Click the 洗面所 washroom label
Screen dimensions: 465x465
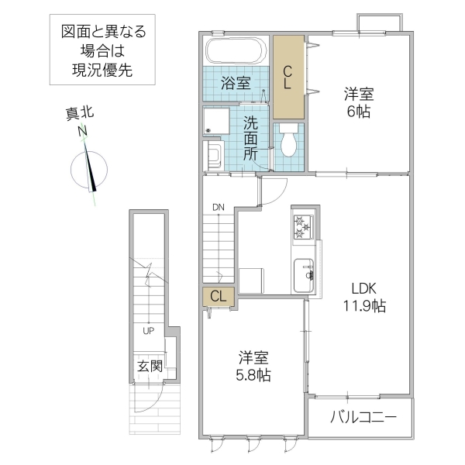coord(251,137)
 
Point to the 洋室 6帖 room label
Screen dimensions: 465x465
coord(359,102)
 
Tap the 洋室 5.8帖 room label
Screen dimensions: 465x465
coord(254,366)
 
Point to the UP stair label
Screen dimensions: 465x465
coord(146,332)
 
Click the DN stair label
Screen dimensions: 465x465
coord(219,207)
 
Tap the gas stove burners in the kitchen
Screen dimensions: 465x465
coord(301,227)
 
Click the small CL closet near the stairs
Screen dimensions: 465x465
coord(218,295)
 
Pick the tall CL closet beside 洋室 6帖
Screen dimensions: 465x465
coord(287,74)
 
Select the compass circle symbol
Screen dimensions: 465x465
coord(87,169)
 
